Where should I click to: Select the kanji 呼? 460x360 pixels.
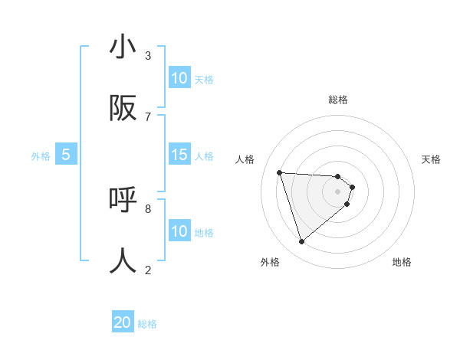point(123,200)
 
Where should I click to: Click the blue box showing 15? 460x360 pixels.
point(179,155)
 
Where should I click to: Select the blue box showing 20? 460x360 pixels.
point(123,323)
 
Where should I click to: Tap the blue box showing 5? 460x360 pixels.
point(66,155)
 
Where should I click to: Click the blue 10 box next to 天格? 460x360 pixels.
point(179,78)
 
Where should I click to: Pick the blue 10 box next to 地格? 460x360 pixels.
point(179,231)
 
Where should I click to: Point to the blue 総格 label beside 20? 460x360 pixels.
point(147,324)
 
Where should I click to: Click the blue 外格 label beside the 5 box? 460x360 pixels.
point(41,155)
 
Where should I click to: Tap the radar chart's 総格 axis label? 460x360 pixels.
point(337,100)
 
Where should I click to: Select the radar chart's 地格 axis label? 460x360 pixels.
point(402,262)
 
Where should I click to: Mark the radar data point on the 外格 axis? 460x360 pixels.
point(301,242)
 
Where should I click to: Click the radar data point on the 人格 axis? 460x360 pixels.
point(279,172)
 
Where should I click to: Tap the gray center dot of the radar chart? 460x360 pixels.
point(337,191)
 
